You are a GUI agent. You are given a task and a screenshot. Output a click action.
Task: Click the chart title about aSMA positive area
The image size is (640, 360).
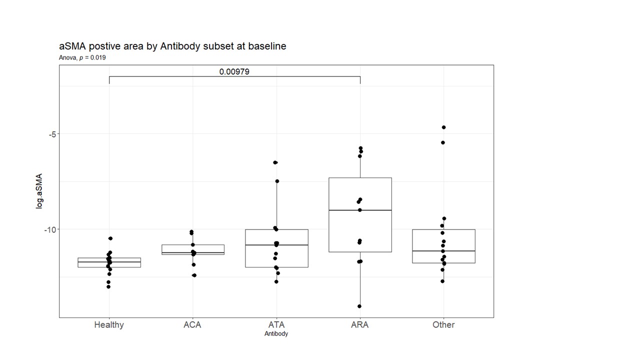pos(172,46)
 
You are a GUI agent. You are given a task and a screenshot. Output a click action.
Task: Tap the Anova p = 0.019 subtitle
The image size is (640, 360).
pos(82,57)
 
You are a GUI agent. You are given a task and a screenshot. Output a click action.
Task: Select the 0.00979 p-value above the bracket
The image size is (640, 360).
pos(234,71)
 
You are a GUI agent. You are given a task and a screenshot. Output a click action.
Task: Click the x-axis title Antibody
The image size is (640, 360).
pos(276,333)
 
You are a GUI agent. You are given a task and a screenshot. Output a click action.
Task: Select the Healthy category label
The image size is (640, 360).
pos(109,324)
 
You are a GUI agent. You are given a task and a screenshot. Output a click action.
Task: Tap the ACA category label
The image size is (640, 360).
pos(192,324)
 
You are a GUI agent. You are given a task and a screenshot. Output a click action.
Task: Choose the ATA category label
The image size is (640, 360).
pos(276,324)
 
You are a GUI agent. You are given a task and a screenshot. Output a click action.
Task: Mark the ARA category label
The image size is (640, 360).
pos(360,324)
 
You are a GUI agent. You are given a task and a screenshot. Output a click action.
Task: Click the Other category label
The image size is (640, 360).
pos(443,324)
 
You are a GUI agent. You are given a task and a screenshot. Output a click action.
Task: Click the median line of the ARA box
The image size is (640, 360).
pos(360,210)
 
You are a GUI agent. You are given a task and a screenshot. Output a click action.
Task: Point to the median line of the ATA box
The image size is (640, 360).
pos(276,245)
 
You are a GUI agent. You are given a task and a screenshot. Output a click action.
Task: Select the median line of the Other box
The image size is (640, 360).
pos(443,251)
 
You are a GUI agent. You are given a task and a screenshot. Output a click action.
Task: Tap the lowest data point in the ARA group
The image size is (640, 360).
pos(359,306)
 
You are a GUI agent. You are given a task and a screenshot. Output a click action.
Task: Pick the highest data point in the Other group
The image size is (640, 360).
pos(443,127)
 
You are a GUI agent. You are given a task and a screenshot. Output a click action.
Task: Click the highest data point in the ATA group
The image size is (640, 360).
pos(275,162)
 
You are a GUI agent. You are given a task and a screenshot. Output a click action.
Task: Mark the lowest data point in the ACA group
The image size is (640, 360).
pos(194,275)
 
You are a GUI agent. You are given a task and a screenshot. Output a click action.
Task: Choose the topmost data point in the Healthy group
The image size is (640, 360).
pos(110,238)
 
